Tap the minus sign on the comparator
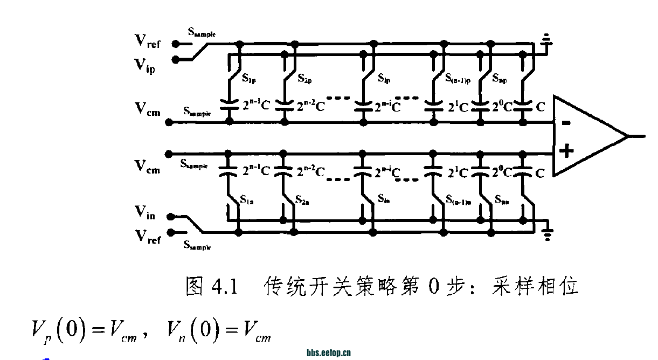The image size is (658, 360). [566, 122]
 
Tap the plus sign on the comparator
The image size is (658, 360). [566, 150]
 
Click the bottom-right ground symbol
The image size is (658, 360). [548, 232]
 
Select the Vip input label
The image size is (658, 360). [145, 65]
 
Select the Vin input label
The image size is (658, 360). [145, 215]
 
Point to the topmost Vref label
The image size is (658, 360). [147, 41]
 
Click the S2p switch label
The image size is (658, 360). [305, 78]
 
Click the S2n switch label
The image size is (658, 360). [302, 200]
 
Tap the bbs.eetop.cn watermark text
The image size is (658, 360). [329, 353]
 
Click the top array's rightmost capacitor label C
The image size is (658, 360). [540, 107]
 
